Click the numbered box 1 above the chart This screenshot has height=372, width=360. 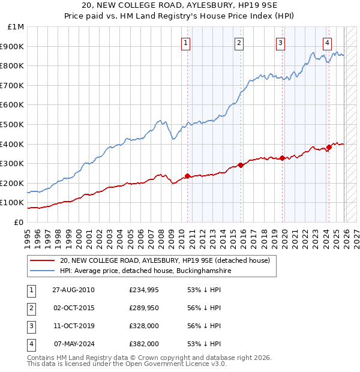[186, 42]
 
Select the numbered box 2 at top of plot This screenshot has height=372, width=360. [239, 42]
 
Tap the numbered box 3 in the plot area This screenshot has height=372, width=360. [280, 42]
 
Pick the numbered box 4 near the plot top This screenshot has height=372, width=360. [327, 42]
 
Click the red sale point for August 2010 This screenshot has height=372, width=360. [187, 176]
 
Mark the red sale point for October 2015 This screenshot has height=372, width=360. [240, 165]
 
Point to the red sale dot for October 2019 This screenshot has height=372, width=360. [281, 158]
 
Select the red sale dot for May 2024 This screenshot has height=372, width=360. [329, 148]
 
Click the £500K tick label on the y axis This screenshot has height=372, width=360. [13, 124]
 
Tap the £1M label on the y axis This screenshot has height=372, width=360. [16, 27]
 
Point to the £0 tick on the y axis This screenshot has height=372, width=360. [19, 222]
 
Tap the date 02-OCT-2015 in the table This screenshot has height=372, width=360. [73, 308]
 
